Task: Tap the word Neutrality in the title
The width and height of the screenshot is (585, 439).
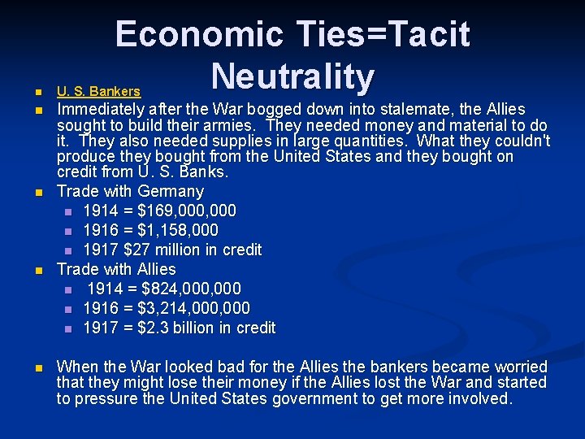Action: [x=292, y=77]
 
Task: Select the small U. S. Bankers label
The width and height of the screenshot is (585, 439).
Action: [x=98, y=92]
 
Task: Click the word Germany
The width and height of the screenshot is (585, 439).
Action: [x=171, y=192]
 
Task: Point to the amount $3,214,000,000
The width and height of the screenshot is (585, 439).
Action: [x=195, y=308]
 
